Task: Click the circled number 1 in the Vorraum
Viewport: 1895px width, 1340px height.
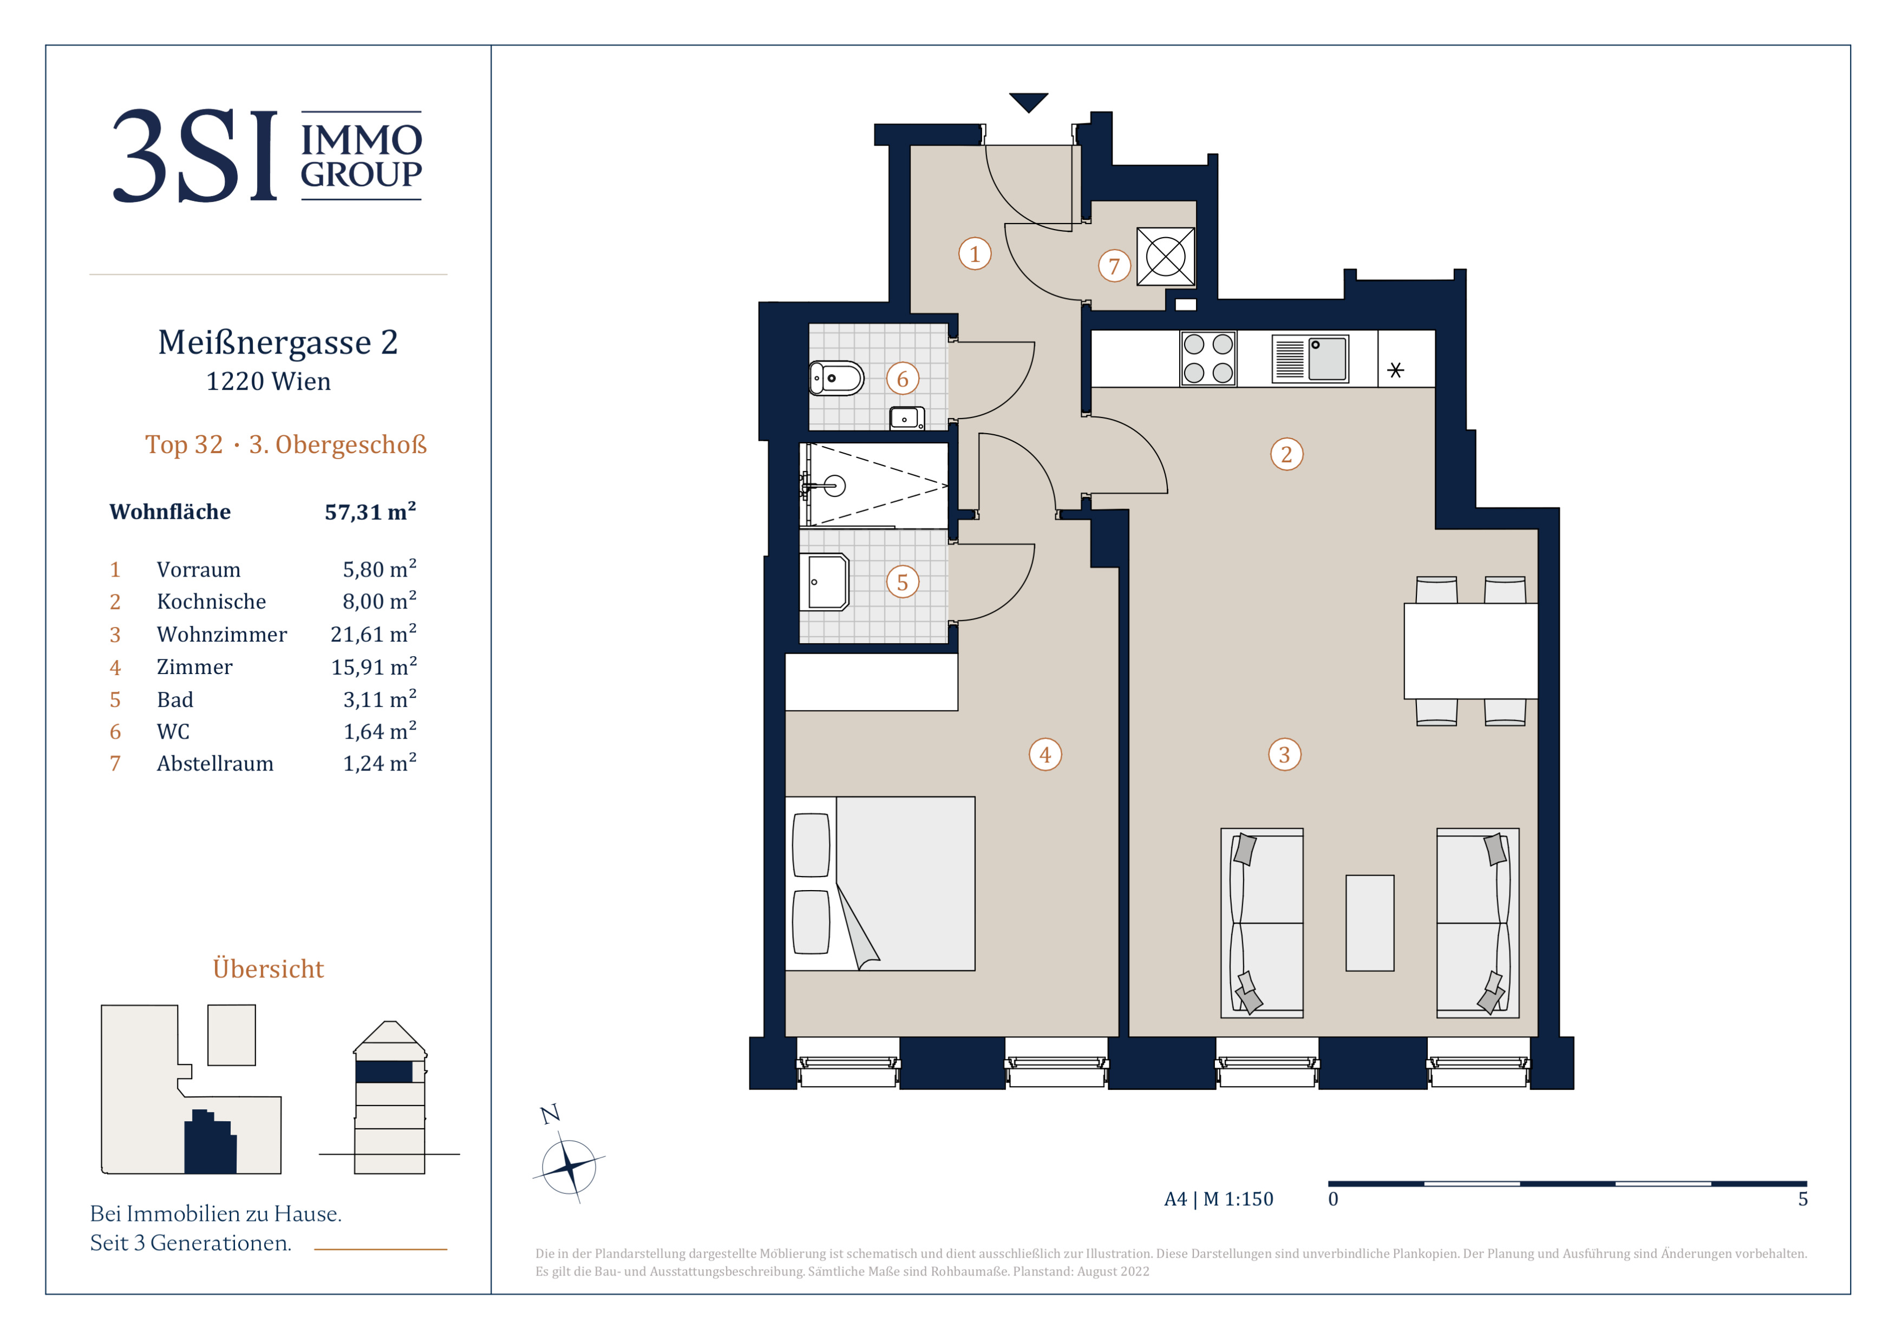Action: point(975,253)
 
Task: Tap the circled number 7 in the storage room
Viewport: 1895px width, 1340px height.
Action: point(1114,266)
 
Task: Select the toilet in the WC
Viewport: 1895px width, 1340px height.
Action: point(836,379)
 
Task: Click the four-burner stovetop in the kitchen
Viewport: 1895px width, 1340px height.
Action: point(1208,358)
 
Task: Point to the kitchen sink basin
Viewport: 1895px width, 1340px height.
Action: point(1327,358)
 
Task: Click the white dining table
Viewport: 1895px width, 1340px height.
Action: point(1470,651)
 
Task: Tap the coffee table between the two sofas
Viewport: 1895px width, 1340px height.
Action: point(1370,923)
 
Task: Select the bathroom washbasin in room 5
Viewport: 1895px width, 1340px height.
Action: point(825,581)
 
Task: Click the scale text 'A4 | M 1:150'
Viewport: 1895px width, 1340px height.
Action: point(1218,1199)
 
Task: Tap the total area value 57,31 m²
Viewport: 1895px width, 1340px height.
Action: point(370,512)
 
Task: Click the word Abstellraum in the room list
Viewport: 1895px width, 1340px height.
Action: point(215,764)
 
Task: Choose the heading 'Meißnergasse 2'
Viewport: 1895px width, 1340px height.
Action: point(278,342)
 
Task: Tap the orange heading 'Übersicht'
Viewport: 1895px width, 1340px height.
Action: point(268,969)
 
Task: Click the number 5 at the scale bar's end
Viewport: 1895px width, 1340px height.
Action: point(1803,1199)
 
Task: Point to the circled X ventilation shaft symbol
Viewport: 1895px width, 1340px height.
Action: point(1165,257)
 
